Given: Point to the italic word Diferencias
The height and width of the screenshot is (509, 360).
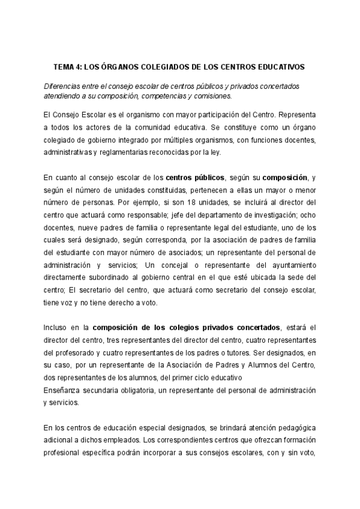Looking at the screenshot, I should point(61,86).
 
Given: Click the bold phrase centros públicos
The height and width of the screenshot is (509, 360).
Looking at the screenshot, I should point(195,178).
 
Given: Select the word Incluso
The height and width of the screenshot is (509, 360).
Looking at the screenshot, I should point(56,328).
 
